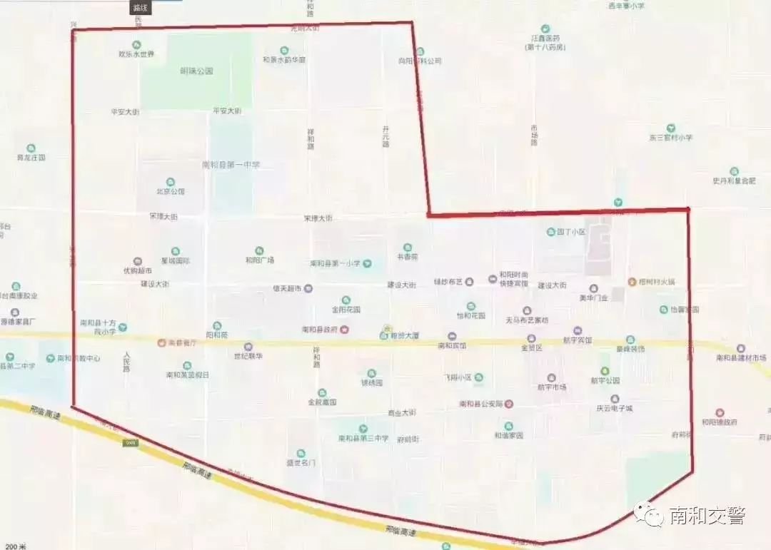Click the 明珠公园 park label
point(197,71)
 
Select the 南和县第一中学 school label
point(231,165)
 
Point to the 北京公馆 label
point(171,191)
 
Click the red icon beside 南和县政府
point(345,330)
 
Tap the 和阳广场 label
point(260,260)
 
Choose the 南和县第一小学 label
point(336,263)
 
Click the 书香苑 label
point(408,257)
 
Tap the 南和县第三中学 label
point(363,438)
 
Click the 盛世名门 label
point(301,462)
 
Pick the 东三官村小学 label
point(671,137)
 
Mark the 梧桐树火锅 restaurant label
point(655,282)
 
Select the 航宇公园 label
point(605,381)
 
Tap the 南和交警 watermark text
point(706,515)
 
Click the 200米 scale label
point(14,546)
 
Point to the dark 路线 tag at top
point(139,8)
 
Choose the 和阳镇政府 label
point(719,422)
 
